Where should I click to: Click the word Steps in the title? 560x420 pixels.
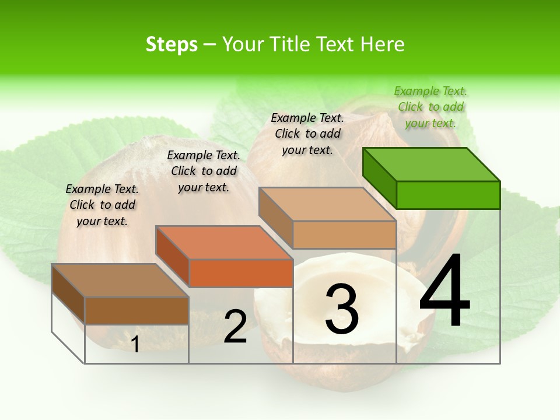(x=171, y=44)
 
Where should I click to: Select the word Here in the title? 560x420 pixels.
(x=382, y=44)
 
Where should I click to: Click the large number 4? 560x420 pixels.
(x=444, y=291)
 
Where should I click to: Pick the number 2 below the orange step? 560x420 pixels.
(x=235, y=327)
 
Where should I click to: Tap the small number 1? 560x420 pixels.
(x=135, y=344)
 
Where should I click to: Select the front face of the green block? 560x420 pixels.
(x=448, y=195)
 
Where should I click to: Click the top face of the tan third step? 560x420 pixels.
(x=327, y=205)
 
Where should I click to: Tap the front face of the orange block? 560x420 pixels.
(x=241, y=273)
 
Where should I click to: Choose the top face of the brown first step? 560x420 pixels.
(x=120, y=281)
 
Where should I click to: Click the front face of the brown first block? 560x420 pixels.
(x=136, y=310)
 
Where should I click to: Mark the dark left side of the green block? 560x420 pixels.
(x=379, y=177)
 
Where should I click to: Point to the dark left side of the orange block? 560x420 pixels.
(x=173, y=256)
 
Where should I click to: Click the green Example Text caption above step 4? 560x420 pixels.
(x=431, y=107)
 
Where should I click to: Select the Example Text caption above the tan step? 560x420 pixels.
(x=307, y=134)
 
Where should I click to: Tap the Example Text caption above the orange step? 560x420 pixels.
(x=204, y=171)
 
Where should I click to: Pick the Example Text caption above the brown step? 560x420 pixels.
(x=102, y=205)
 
